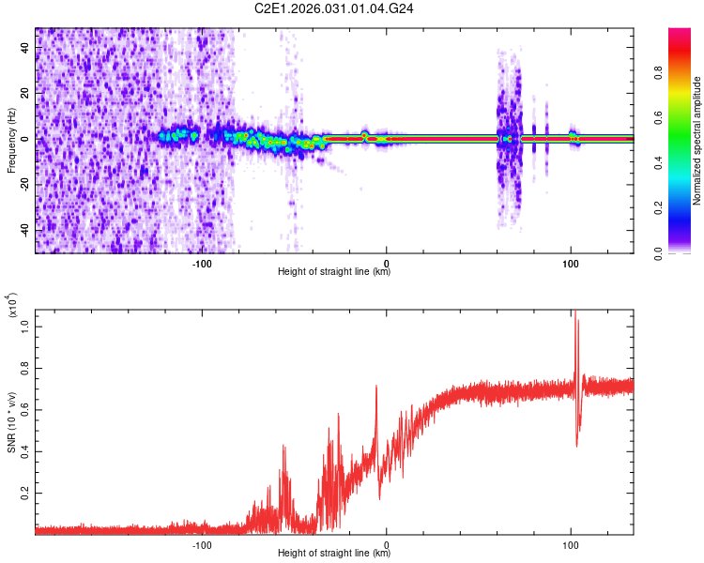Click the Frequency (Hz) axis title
click(x=11, y=140)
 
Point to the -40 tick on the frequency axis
click(x=23, y=230)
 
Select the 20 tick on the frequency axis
click(x=25, y=94)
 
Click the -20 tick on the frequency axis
click(x=23, y=185)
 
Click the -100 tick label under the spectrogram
click(x=202, y=264)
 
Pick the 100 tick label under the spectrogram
click(x=571, y=264)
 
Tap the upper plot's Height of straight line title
click(x=335, y=272)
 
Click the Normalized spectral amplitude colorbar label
click(x=697, y=142)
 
